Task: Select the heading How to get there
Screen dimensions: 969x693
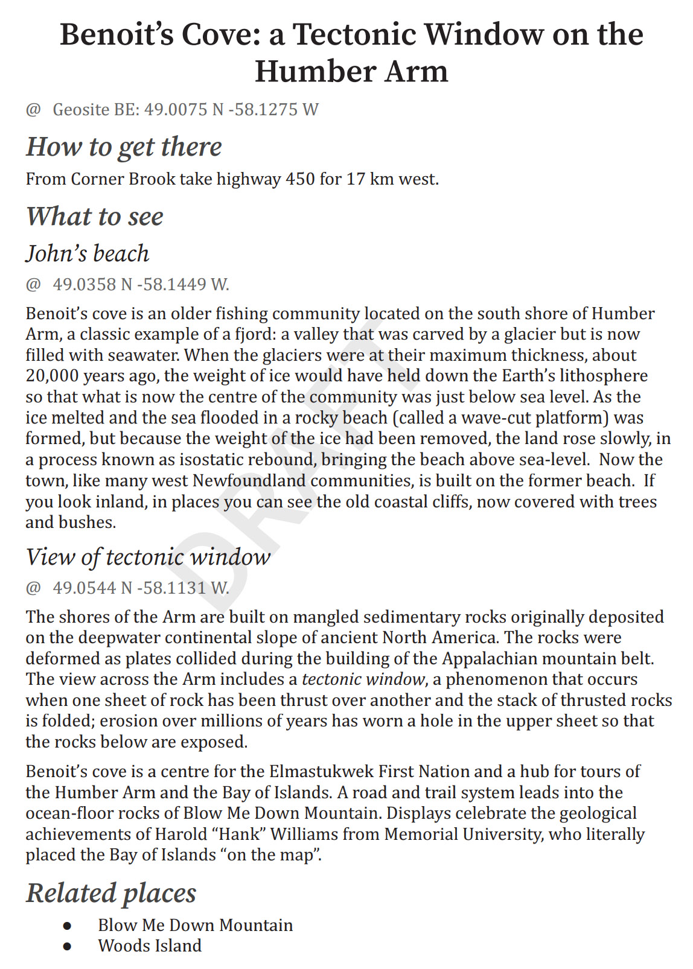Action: click(x=124, y=147)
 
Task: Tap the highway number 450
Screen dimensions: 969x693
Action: click(x=300, y=179)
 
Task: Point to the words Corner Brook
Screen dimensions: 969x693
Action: click(x=123, y=179)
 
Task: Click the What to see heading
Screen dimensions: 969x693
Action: click(x=95, y=217)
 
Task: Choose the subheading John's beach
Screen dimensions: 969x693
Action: click(x=88, y=253)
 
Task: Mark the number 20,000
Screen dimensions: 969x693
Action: click(x=52, y=376)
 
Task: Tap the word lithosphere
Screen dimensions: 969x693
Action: click(x=604, y=376)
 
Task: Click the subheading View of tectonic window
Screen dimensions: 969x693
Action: click(x=148, y=557)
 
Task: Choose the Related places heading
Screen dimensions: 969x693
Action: click(x=111, y=893)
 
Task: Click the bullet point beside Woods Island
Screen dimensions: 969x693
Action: click(x=67, y=946)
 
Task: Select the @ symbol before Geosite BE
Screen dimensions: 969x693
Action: click(x=33, y=110)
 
